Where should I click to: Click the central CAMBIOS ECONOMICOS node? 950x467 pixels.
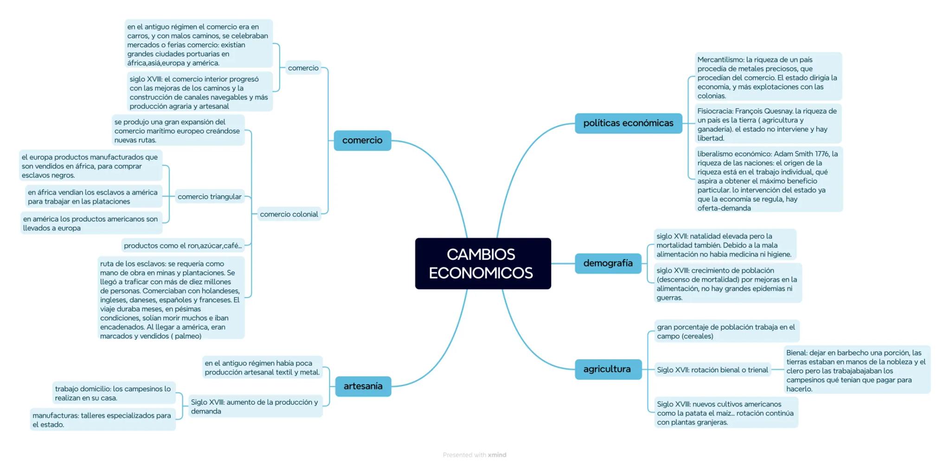click(x=482, y=263)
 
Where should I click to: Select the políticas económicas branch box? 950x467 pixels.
click(x=628, y=123)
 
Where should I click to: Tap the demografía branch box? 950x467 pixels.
click(x=608, y=263)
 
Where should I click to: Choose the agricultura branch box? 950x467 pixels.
click(x=607, y=369)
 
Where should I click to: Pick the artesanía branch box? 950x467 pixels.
click(x=363, y=386)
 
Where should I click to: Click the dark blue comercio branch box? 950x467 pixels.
click(x=362, y=141)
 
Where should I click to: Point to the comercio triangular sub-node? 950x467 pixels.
click(x=209, y=197)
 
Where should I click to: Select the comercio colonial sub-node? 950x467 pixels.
click(x=289, y=214)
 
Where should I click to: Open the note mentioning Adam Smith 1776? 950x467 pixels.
click(x=767, y=181)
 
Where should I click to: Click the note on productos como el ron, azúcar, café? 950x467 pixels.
click(x=183, y=246)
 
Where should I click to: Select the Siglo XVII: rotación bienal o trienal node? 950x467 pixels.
click(x=712, y=370)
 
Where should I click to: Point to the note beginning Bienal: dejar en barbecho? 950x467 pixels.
click(x=856, y=370)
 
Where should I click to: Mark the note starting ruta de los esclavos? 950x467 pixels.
click(x=170, y=299)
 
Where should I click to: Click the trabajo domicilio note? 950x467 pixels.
click(x=113, y=393)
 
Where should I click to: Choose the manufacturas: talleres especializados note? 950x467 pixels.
click(x=102, y=420)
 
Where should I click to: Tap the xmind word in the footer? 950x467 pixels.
click(x=497, y=455)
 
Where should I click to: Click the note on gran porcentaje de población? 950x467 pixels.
click(x=726, y=331)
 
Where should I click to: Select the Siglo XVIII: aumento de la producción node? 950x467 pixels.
click(x=255, y=407)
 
